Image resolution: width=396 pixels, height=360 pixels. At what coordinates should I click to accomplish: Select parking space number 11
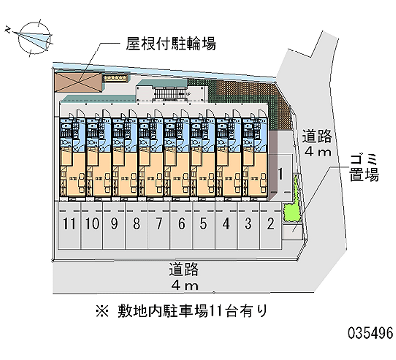[70, 224]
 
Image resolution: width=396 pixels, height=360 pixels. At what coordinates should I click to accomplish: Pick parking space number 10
[92, 224]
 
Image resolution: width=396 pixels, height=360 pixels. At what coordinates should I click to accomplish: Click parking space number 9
[114, 224]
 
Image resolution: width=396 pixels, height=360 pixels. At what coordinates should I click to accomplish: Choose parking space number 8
[137, 224]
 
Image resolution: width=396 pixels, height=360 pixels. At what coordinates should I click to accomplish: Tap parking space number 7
[159, 224]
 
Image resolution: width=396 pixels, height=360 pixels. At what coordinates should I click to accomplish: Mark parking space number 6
[181, 224]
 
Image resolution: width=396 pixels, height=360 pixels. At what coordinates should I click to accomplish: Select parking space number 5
[203, 224]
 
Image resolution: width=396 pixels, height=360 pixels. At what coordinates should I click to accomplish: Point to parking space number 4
[226, 224]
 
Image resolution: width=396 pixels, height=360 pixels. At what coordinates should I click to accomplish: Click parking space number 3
[248, 224]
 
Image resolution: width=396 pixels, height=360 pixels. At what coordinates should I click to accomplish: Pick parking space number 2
[270, 224]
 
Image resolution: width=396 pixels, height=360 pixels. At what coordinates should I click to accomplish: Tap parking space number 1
[280, 174]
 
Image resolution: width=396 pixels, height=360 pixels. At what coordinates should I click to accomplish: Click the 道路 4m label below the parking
[184, 277]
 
